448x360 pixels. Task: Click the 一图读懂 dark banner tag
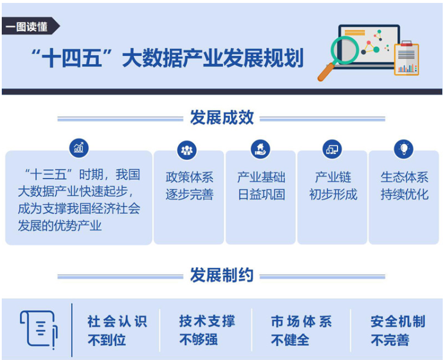tap(30, 26)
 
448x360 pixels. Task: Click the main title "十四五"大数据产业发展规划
tap(168, 58)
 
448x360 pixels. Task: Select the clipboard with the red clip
tap(406, 59)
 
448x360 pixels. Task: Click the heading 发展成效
tap(222, 117)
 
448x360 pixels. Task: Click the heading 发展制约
tap(222, 275)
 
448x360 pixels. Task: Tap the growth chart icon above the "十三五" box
tap(79, 148)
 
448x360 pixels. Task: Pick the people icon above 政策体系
tap(187, 150)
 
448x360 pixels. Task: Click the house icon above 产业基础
tap(260, 149)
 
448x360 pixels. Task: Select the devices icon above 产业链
tap(332, 149)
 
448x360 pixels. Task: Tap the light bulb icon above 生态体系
tap(404, 149)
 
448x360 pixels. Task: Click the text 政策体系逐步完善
tap(189, 186)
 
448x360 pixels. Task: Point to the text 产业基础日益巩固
tap(261, 186)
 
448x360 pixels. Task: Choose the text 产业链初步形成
tap(333, 186)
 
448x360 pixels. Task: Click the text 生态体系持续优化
tap(404, 186)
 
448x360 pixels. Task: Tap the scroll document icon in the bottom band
tap(39, 329)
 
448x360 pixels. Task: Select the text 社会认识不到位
tap(117, 330)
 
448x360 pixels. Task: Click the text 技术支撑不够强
tap(207, 330)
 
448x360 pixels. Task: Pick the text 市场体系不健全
tap(302, 330)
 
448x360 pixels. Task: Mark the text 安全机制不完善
tap(398, 330)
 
